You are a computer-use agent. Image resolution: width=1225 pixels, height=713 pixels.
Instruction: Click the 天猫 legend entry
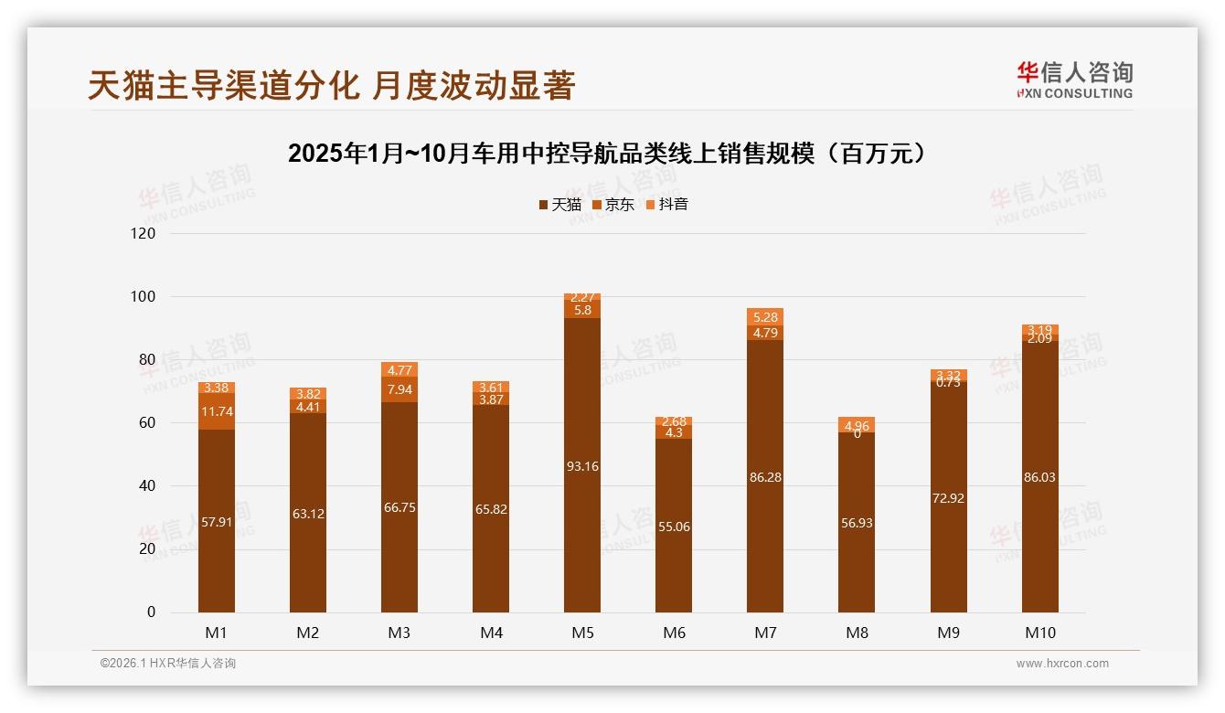(x=560, y=205)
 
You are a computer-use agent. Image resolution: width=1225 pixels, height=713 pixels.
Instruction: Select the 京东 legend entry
(x=613, y=205)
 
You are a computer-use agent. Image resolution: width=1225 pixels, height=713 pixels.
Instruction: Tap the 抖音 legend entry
(x=667, y=205)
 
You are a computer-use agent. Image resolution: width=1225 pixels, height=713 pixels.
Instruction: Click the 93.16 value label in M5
(x=582, y=466)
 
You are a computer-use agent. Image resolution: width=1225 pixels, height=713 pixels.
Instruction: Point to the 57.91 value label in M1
(x=217, y=522)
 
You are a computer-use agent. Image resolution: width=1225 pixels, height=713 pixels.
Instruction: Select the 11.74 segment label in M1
(x=217, y=412)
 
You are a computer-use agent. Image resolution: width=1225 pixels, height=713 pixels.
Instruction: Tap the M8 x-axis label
(x=857, y=633)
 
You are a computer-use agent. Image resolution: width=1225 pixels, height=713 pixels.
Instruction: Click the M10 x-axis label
(x=1040, y=633)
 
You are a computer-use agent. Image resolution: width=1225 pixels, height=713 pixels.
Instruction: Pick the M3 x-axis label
(x=399, y=633)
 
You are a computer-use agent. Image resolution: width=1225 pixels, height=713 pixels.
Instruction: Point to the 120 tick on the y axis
(x=144, y=233)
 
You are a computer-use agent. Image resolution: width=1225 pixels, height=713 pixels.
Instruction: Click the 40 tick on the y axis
(x=147, y=486)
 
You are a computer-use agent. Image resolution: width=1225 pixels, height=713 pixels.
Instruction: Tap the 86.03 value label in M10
(x=1040, y=477)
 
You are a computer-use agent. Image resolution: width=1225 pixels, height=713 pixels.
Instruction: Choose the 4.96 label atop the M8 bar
(x=857, y=425)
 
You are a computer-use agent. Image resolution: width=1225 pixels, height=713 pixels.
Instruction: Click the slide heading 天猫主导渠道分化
(x=331, y=85)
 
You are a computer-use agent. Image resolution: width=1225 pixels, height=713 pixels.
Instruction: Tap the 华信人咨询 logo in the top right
(x=1074, y=80)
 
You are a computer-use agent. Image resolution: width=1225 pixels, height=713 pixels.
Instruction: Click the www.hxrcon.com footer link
(x=1062, y=664)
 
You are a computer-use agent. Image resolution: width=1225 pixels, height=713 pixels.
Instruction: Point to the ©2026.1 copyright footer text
(x=168, y=664)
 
